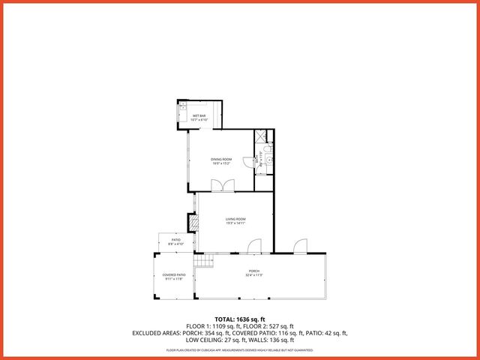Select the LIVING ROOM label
(236, 220)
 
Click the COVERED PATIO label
(174, 277)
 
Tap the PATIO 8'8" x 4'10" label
(175, 241)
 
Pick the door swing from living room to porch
(255, 246)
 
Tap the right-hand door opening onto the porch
(300, 246)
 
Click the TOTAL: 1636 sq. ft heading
(240, 319)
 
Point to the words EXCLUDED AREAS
(157, 332)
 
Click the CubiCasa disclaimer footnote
(240, 350)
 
